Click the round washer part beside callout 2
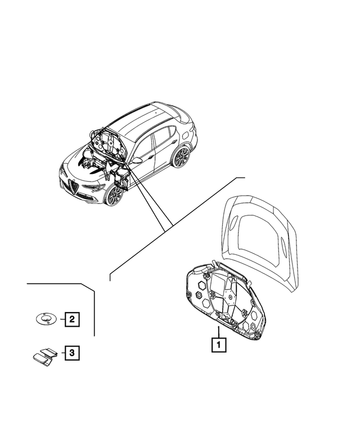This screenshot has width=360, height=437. (44, 319)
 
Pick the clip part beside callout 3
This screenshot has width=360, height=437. (44, 355)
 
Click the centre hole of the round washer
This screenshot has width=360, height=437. (45, 318)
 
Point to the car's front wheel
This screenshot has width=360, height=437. (114, 195)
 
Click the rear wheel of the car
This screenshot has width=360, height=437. (181, 157)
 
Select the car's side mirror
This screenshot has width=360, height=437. (136, 160)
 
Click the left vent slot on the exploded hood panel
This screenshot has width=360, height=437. (233, 223)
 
